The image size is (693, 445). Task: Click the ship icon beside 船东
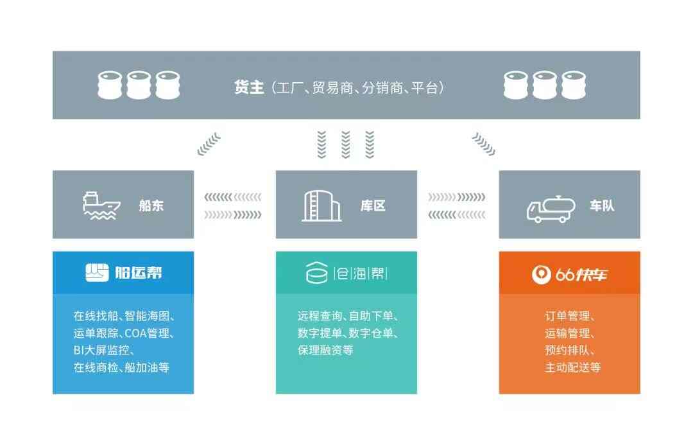point(101,205)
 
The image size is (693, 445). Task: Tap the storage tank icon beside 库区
point(321,205)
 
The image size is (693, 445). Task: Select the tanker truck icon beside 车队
point(548,207)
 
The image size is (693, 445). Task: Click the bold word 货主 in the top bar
point(250,87)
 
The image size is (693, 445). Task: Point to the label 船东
point(151,206)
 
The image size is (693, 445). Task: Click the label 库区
point(373,206)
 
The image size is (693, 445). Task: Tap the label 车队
point(602,206)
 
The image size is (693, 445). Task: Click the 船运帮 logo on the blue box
point(123,273)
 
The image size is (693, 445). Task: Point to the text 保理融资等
point(325,351)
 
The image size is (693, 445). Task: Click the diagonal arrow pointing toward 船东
point(209,144)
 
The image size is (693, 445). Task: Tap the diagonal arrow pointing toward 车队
point(483,144)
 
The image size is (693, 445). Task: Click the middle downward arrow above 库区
point(346,144)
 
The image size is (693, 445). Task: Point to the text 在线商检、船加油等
point(121,368)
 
